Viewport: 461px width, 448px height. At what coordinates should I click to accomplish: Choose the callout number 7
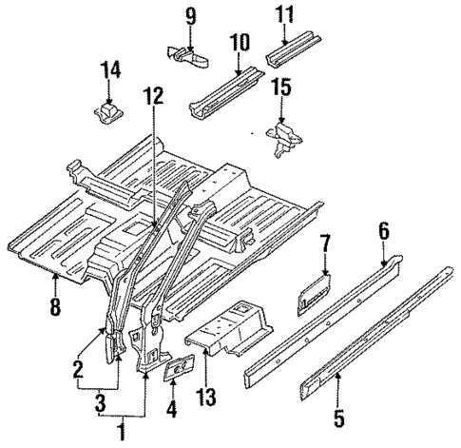325,247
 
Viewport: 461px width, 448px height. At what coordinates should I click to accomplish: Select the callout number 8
56,306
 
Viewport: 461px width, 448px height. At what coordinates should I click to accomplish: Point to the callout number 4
172,411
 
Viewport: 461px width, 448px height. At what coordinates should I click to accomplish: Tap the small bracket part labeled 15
282,136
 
